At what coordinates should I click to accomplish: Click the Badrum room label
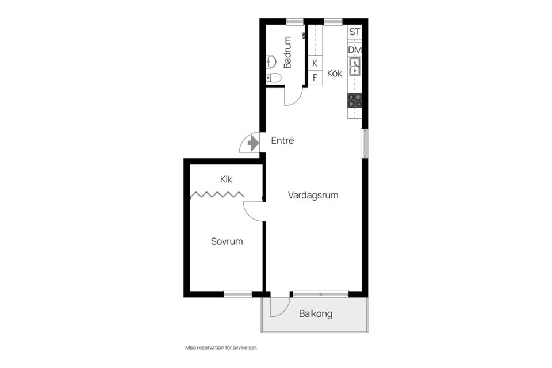click(x=287, y=52)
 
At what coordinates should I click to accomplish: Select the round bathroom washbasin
click(x=271, y=62)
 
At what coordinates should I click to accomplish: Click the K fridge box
click(x=315, y=63)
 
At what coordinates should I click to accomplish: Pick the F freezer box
click(x=315, y=77)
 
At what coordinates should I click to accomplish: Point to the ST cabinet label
click(x=355, y=32)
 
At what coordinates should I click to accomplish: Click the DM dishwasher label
click(x=355, y=50)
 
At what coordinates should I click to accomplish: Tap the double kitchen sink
click(x=355, y=67)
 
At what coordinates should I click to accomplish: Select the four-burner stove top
click(x=355, y=101)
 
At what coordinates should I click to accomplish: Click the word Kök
click(x=335, y=73)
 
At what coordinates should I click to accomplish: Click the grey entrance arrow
click(x=253, y=143)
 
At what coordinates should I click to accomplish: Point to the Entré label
click(x=282, y=140)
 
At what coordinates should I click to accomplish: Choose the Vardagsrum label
click(x=313, y=195)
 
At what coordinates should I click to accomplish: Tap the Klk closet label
click(x=226, y=179)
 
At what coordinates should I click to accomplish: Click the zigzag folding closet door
click(x=217, y=194)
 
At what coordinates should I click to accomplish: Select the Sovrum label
click(x=227, y=241)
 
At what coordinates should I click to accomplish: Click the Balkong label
click(x=316, y=313)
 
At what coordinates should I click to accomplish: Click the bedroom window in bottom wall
click(x=238, y=293)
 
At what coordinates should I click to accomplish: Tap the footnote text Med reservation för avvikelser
click(x=221, y=347)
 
